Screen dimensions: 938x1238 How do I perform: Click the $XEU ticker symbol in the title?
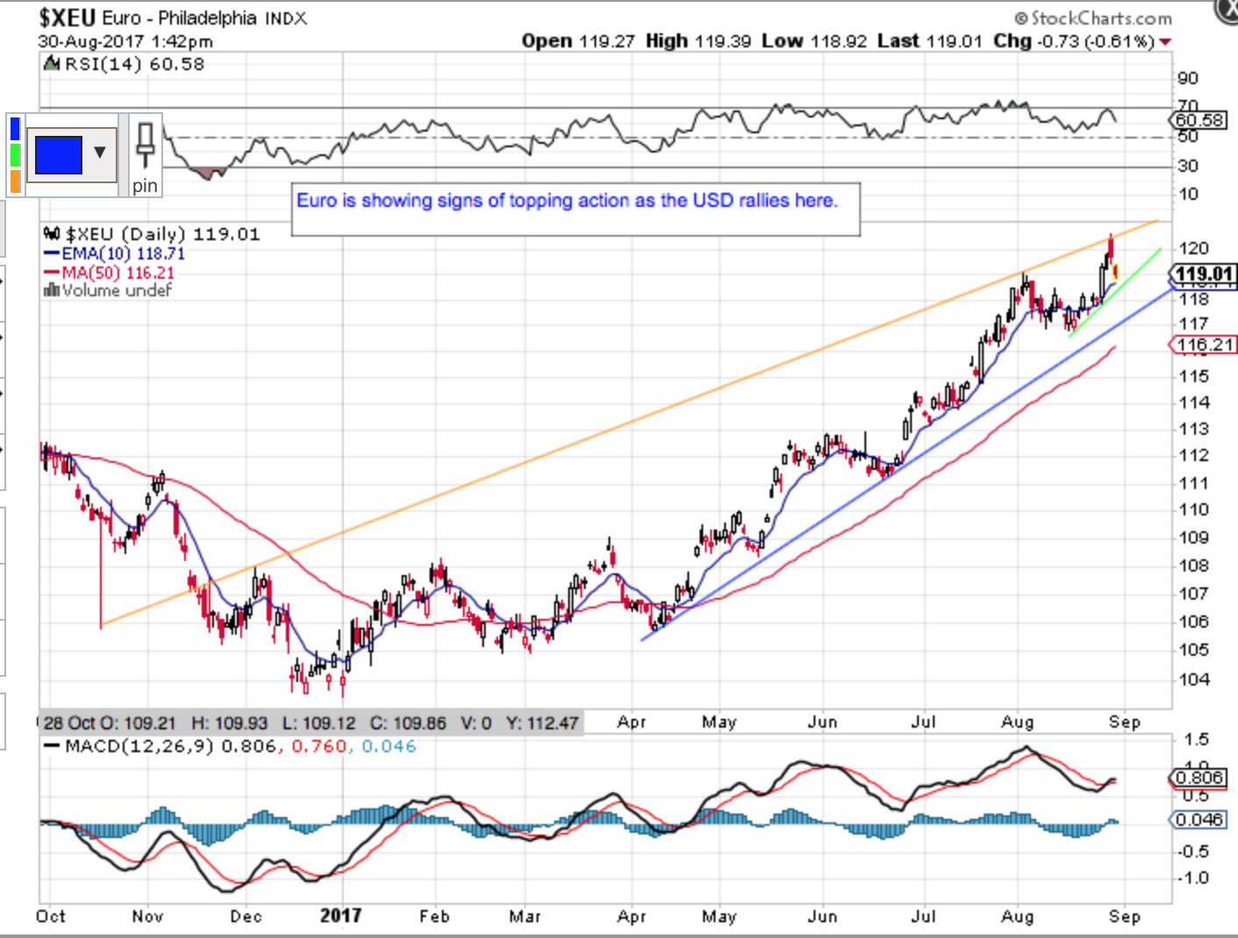click(68, 18)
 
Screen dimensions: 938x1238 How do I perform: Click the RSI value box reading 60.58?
click(1199, 120)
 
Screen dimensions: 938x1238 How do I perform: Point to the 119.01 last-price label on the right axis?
click(1204, 275)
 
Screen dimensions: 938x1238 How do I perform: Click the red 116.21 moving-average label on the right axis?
click(1204, 345)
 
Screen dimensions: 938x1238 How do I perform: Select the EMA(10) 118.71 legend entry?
click(123, 253)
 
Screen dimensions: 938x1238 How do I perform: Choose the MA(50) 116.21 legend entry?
click(117, 273)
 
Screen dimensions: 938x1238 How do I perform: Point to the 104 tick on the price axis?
click(1193, 679)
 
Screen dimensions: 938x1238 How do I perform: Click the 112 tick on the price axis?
click(1193, 455)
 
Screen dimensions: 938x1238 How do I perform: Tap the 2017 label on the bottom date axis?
click(340, 916)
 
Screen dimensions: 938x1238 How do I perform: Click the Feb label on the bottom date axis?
click(434, 916)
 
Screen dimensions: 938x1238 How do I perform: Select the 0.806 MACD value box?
click(1199, 778)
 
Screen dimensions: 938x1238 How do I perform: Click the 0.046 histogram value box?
click(1199, 820)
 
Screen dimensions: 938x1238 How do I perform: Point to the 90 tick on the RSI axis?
click(1188, 79)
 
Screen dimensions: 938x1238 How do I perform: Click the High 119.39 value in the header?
click(723, 41)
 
